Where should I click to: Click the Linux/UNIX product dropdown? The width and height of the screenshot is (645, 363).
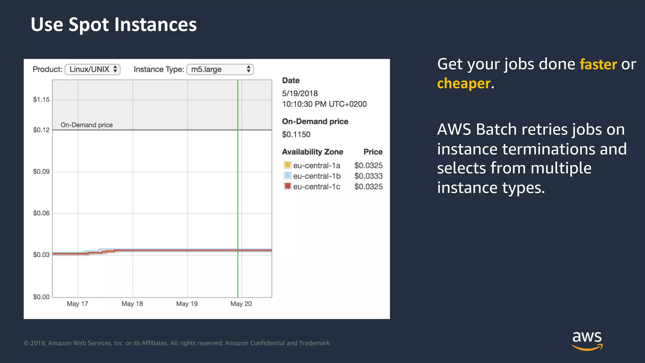(x=93, y=69)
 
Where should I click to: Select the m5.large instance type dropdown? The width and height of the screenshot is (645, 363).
(x=220, y=69)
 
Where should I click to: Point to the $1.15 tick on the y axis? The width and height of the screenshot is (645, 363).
(x=41, y=100)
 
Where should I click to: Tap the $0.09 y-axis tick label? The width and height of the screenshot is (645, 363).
(x=41, y=171)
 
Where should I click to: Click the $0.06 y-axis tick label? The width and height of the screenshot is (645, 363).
(x=41, y=213)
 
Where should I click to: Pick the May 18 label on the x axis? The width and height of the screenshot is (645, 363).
(x=132, y=304)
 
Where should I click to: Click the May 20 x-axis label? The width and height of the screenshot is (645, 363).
(x=241, y=304)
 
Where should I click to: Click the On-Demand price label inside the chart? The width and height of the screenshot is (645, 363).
(x=87, y=125)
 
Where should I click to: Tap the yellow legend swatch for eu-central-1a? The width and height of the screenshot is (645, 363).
(x=288, y=165)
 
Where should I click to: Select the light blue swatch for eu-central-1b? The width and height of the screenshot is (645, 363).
(x=288, y=176)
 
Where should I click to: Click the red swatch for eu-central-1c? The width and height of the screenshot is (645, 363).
(x=288, y=186)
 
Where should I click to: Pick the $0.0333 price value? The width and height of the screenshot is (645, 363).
(x=368, y=176)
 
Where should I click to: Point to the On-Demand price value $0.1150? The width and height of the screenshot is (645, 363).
(x=296, y=135)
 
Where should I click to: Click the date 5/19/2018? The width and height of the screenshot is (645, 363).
(x=300, y=94)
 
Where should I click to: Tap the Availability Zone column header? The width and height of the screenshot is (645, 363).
(x=312, y=152)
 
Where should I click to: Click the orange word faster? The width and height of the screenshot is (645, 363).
(x=598, y=64)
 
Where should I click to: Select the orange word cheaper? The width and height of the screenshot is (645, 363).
(x=464, y=84)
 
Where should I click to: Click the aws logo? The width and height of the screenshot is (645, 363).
(x=587, y=340)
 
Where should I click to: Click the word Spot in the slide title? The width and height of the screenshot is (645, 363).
(x=88, y=25)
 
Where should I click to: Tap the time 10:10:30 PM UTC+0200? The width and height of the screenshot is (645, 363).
(x=324, y=104)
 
